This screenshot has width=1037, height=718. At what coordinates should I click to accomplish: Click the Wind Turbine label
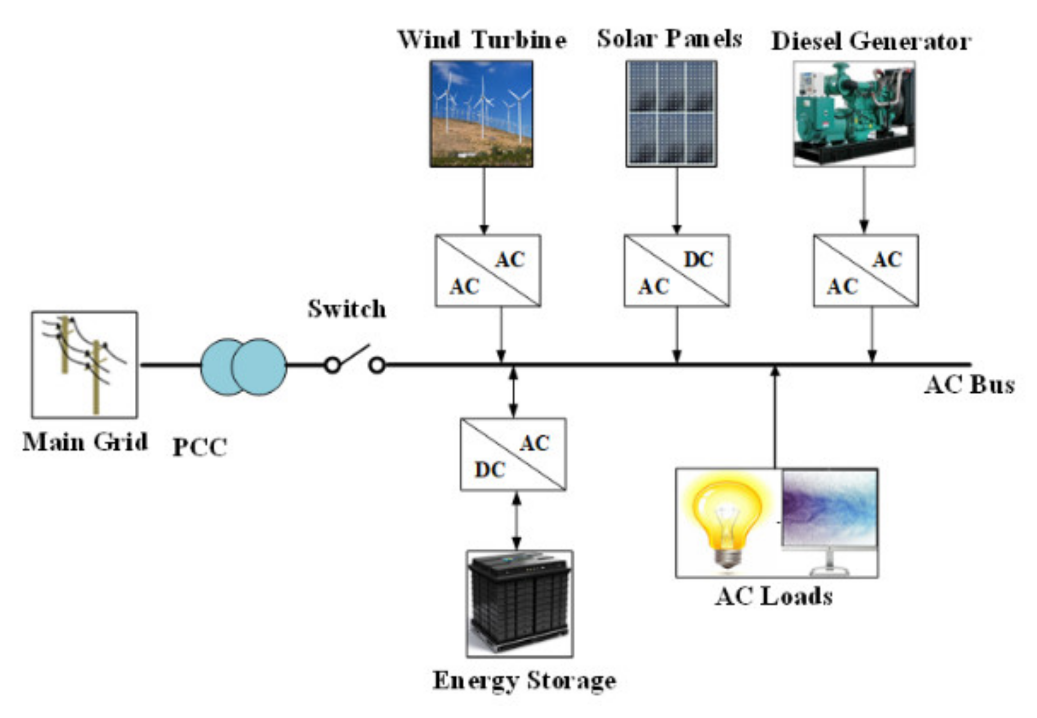click(482, 40)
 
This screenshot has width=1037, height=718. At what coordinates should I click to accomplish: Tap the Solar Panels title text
click(669, 39)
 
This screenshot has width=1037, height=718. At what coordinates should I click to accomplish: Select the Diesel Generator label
click(871, 41)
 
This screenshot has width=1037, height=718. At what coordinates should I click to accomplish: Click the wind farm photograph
click(481, 114)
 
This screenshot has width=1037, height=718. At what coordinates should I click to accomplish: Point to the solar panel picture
click(671, 114)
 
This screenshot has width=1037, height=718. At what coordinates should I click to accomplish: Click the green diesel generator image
click(854, 114)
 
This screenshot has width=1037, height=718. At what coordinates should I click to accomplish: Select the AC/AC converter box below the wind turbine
click(488, 271)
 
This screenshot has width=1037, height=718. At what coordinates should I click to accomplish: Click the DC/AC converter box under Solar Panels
click(676, 271)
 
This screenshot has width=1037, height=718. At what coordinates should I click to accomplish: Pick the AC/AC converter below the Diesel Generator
click(866, 271)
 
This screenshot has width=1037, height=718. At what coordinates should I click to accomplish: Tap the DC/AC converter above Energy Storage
click(513, 454)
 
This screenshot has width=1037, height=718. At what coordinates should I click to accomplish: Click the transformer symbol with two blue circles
click(243, 366)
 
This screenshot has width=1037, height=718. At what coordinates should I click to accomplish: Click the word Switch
click(347, 309)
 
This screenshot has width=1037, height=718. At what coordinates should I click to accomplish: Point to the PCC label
click(200, 447)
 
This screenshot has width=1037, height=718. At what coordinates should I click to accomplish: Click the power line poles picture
click(84, 364)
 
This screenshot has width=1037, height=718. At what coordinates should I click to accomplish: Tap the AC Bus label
click(969, 384)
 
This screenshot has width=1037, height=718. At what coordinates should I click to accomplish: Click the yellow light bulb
click(726, 522)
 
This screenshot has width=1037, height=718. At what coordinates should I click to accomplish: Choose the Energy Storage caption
click(524, 680)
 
